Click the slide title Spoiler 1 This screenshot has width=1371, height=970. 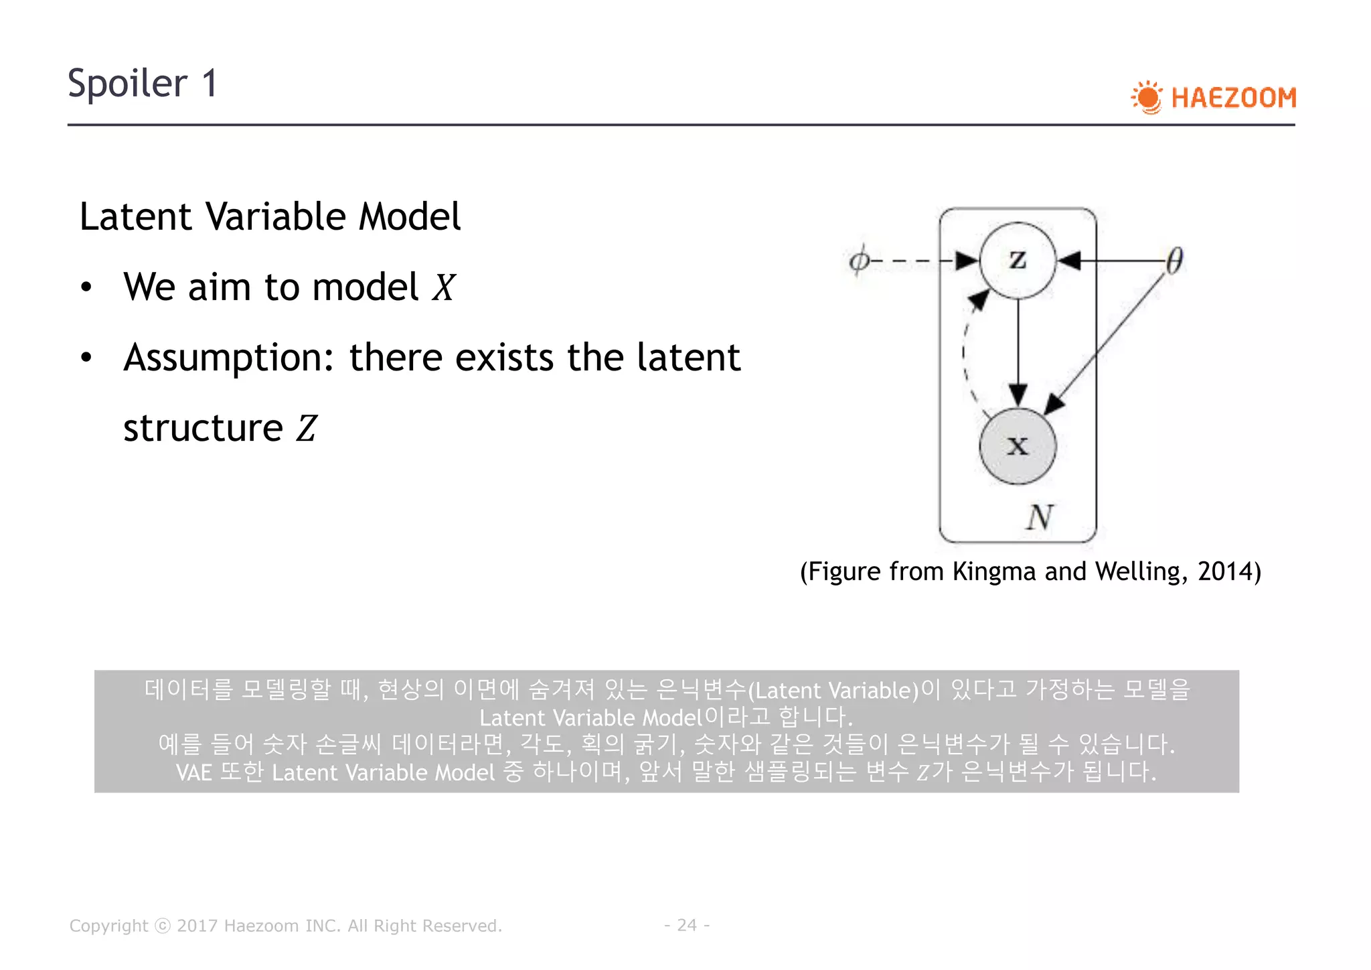143,84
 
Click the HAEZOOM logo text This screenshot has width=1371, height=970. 1233,98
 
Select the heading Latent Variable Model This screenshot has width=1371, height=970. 270,216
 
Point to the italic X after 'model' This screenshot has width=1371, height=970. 443,288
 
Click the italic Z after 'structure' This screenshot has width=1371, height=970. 307,429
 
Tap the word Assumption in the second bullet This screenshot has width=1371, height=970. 228,358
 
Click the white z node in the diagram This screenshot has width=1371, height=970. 1018,260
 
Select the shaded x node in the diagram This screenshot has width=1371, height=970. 1018,445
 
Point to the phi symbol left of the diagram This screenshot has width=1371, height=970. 859,260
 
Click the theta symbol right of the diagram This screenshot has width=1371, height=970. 1174,261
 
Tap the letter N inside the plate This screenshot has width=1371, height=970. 1040,517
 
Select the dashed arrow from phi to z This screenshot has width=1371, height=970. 917,261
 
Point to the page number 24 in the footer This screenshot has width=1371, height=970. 687,925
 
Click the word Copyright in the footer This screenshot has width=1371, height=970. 108,926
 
